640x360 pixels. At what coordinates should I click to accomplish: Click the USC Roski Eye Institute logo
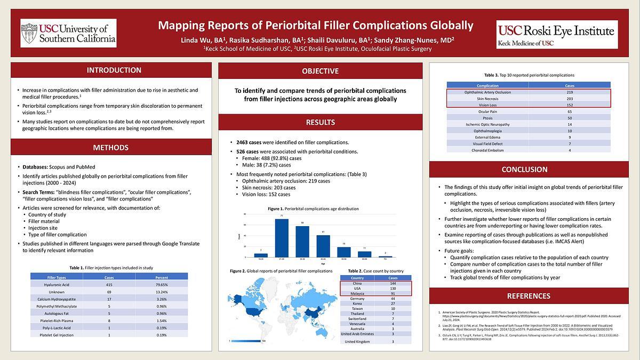point(557,34)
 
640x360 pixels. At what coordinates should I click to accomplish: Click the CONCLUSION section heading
point(525,170)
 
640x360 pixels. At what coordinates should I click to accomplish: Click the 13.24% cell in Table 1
point(162,292)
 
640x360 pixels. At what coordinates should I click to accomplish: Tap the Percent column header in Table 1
point(162,277)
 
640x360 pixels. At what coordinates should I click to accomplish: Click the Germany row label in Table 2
point(357,299)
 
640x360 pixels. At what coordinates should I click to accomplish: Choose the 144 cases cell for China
point(393,283)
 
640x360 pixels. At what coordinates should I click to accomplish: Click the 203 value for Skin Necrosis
point(569,99)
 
